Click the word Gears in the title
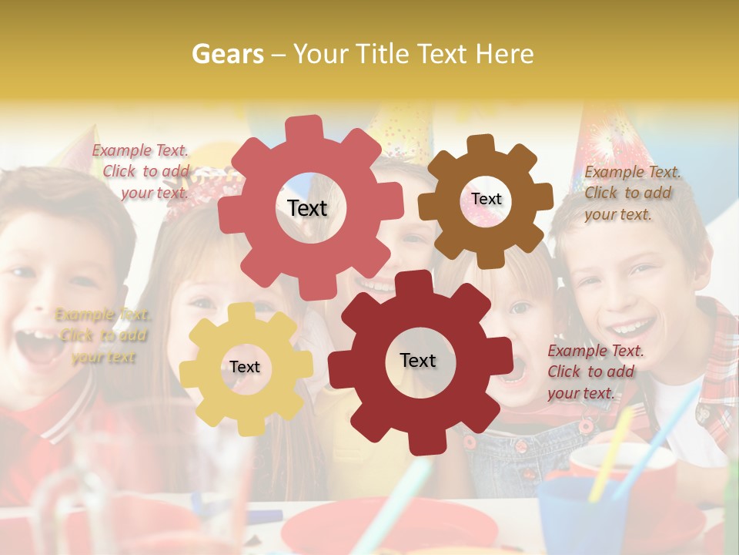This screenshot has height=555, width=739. [227, 54]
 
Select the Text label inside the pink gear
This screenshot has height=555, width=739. [307, 208]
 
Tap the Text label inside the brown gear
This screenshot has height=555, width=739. [486, 199]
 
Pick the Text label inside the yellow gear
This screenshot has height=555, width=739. [245, 367]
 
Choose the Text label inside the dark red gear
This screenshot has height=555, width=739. [418, 360]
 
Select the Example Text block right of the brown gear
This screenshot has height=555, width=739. [630, 193]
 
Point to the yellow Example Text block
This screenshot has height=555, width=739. [102, 335]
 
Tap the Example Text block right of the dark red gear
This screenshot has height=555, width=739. [594, 372]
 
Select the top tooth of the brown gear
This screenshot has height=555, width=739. [481, 144]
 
